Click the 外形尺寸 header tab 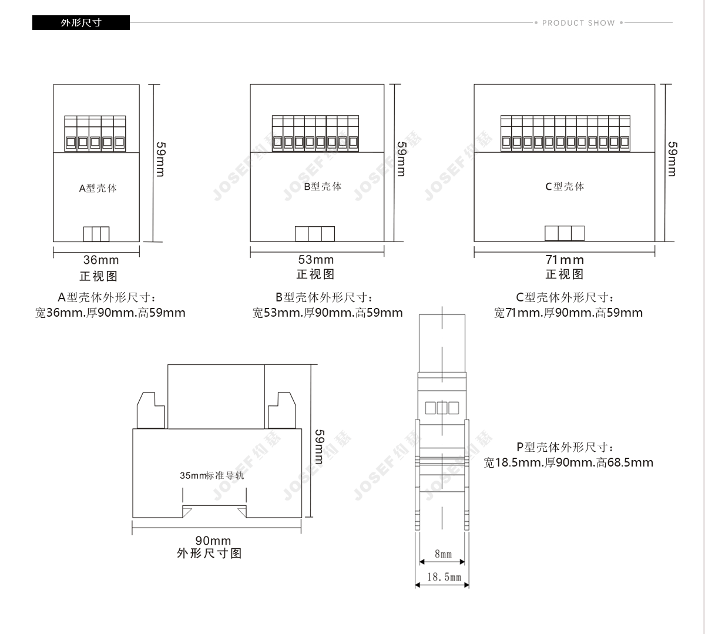click(x=81, y=23)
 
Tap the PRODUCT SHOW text click(x=578, y=23)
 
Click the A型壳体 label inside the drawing click(x=98, y=188)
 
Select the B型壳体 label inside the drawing click(x=323, y=186)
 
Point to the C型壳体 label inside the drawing click(x=565, y=186)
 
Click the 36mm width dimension click(x=101, y=260)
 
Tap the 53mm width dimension click(x=316, y=259)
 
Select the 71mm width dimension click(x=565, y=260)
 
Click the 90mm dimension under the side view click(x=213, y=541)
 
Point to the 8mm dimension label click(x=443, y=554)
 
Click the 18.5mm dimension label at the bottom click(x=444, y=577)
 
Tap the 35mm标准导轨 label click(x=211, y=475)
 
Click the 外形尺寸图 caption click(x=209, y=554)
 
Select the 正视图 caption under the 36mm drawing click(x=99, y=276)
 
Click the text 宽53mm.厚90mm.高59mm click(x=328, y=313)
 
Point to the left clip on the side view click(x=150, y=410)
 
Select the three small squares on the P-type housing click(x=442, y=408)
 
